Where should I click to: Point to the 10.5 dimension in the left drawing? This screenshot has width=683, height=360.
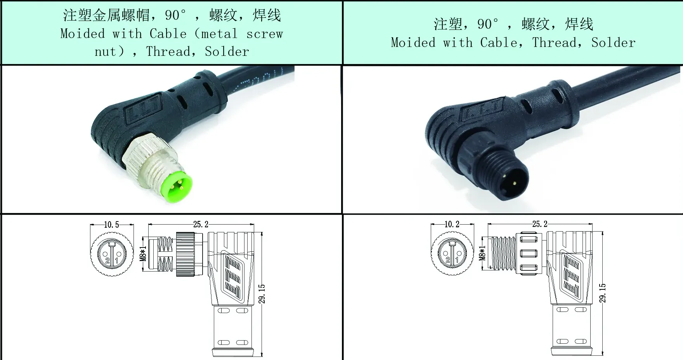[x=111, y=225]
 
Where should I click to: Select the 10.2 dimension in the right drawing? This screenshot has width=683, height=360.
[x=452, y=225]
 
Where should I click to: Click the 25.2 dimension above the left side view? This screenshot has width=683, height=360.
[x=201, y=224]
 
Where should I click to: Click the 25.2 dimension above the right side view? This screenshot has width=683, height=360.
[x=540, y=224]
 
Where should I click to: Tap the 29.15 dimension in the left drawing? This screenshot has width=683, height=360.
[x=262, y=294]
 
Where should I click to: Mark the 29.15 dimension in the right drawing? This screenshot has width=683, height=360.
[x=602, y=293]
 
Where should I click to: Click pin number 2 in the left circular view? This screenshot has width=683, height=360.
[x=107, y=261]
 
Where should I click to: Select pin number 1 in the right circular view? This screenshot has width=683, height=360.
[x=457, y=260]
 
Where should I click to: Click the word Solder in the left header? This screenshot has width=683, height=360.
[x=227, y=52]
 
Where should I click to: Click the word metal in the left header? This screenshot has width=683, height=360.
[x=219, y=34]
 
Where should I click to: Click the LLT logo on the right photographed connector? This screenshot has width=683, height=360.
[x=480, y=113]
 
